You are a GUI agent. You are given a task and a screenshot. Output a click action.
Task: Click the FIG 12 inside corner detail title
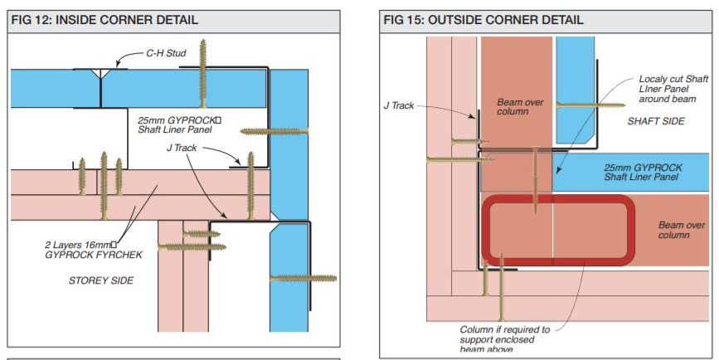104,20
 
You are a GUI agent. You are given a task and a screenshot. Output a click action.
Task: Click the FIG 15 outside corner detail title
483,20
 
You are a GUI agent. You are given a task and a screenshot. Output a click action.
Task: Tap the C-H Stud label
166,53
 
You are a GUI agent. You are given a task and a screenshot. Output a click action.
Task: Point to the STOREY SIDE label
101,280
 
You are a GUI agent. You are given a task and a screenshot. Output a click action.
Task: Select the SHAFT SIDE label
656,121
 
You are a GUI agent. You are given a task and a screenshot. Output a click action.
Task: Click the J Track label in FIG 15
398,105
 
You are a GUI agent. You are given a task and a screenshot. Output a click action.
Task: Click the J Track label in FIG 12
182,148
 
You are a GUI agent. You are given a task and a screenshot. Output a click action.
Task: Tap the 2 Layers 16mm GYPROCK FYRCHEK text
94,250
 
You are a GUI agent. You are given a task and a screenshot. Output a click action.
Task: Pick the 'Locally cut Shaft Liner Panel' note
673,89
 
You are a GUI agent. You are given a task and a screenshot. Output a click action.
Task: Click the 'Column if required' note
504,339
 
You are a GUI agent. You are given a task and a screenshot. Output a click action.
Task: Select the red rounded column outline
558,197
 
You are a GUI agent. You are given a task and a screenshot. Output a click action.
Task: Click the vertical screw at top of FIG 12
202,73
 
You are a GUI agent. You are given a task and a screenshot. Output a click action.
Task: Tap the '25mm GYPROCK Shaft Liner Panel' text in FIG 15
643,172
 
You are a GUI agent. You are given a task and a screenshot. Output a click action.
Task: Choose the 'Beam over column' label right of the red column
681,230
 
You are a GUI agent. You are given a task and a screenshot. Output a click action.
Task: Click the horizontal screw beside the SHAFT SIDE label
590,105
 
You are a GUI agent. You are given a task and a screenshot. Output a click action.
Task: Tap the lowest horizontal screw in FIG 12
303,279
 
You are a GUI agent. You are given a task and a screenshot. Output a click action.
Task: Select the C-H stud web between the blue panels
100,89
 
